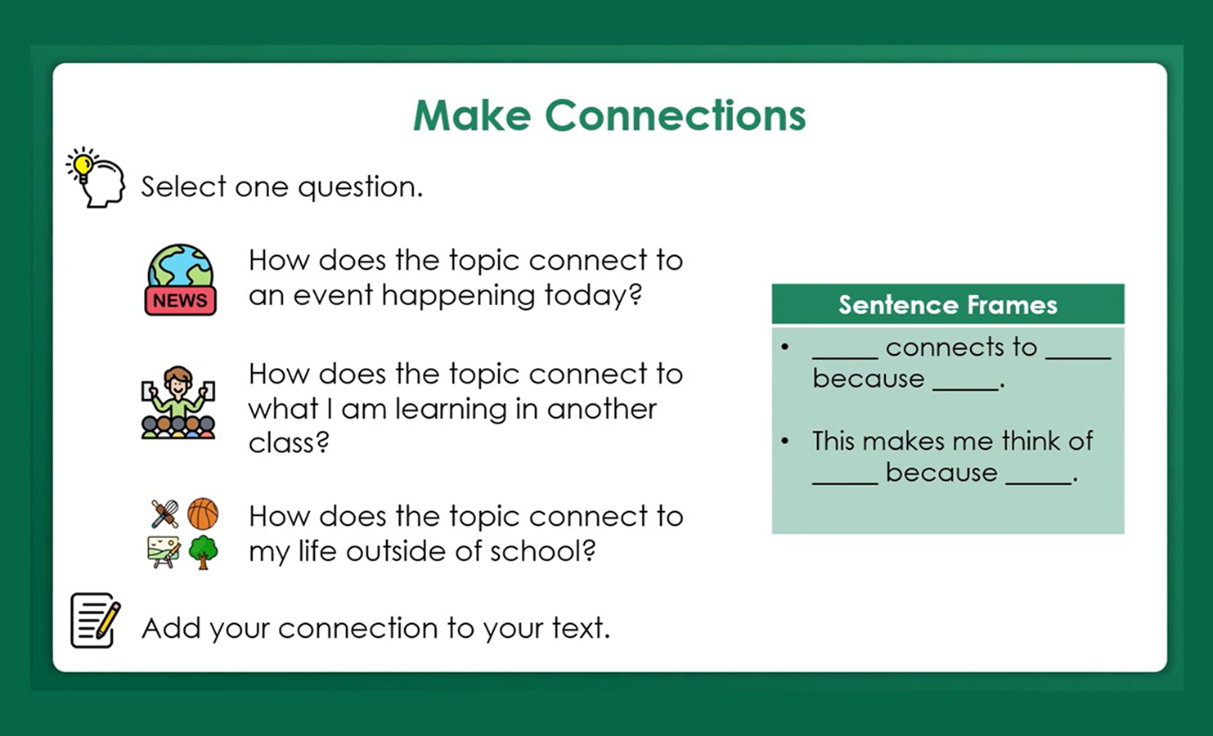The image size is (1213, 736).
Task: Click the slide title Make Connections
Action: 609,115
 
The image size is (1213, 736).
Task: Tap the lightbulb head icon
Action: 96,177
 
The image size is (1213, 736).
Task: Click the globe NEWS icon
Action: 180,280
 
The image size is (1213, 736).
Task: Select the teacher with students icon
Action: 178,402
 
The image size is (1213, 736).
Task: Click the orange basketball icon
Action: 203,514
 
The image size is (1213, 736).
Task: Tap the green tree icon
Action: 203,552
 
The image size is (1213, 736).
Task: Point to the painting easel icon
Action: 164,552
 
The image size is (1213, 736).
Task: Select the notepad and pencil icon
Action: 95,621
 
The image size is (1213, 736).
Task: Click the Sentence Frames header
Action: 947,305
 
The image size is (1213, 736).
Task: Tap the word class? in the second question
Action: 289,443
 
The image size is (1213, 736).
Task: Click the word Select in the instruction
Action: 183,187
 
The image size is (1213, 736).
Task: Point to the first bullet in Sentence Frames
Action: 785,348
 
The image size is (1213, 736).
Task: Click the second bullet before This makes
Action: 785,442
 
